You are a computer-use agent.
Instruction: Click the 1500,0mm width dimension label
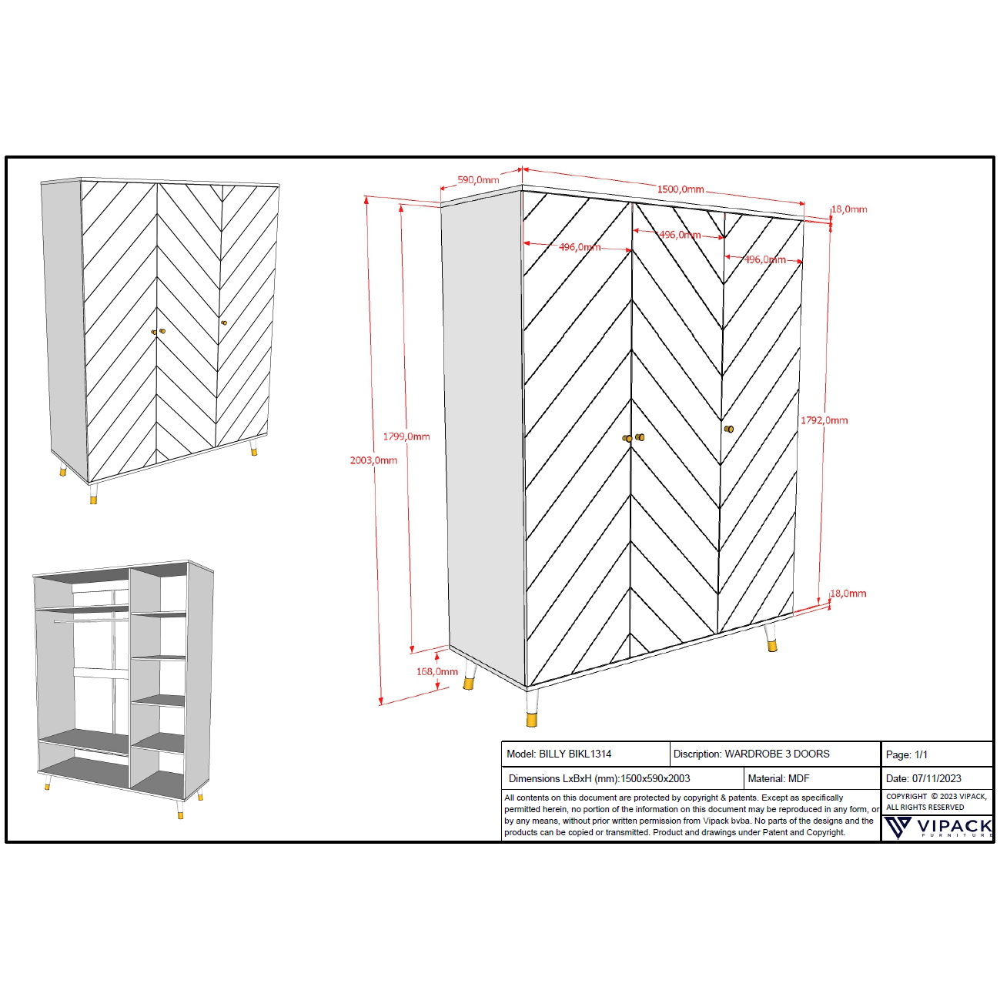tap(680, 189)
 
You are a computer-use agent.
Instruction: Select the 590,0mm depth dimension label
tap(478, 180)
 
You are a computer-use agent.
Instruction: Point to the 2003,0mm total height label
tap(373, 460)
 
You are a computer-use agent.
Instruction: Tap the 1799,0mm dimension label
tap(406, 436)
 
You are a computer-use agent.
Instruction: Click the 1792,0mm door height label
tap(824, 420)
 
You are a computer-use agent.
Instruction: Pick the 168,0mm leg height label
tap(436, 671)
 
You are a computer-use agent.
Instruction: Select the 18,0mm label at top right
tap(849, 209)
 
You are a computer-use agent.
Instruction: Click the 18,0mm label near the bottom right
tap(848, 594)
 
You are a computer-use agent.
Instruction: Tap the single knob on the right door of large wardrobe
tap(728, 429)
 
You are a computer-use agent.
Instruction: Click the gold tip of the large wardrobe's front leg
tap(532, 720)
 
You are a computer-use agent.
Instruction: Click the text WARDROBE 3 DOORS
tap(777, 754)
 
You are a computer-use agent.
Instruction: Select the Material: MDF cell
tap(778, 778)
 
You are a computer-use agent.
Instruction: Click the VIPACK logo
tap(938, 828)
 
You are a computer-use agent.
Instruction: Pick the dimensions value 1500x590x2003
tap(655, 778)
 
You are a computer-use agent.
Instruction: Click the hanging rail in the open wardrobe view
tap(91, 619)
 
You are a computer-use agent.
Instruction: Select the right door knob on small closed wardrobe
tap(224, 323)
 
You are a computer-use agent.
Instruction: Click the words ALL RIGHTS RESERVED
tap(925, 808)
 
